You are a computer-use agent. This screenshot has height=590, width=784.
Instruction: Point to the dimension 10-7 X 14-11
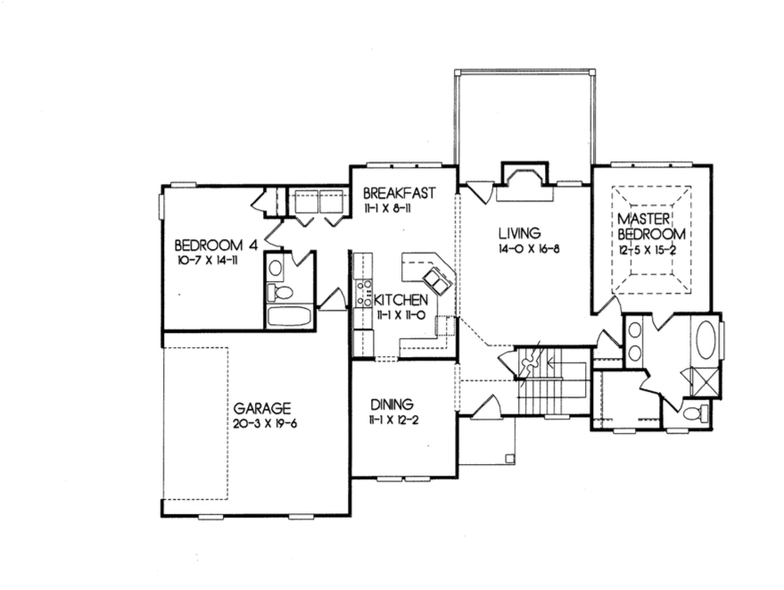click(x=210, y=261)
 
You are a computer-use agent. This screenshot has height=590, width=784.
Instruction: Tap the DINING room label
click(x=391, y=403)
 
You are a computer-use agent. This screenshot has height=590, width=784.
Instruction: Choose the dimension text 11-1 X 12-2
click(x=391, y=418)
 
